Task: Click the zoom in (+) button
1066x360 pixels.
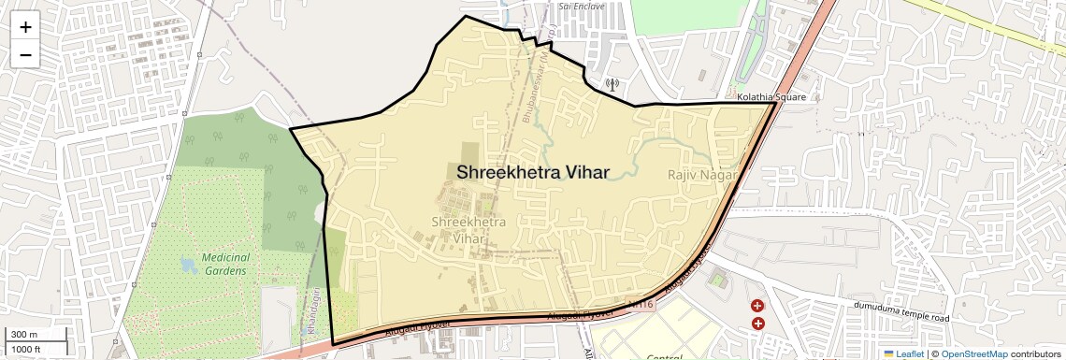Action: click(25, 27)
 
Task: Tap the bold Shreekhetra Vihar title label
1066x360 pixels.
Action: click(533, 172)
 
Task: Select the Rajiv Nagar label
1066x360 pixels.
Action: click(703, 175)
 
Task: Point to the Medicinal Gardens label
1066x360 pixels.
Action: click(224, 264)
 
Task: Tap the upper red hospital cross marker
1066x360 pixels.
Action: click(757, 306)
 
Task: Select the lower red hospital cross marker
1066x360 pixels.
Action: click(757, 324)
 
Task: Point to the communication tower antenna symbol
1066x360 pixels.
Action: click(612, 84)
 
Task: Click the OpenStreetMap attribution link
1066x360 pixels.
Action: click(973, 353)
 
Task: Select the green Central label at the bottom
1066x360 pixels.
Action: click(664, 356)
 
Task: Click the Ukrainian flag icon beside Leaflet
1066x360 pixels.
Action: click(888, 353)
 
